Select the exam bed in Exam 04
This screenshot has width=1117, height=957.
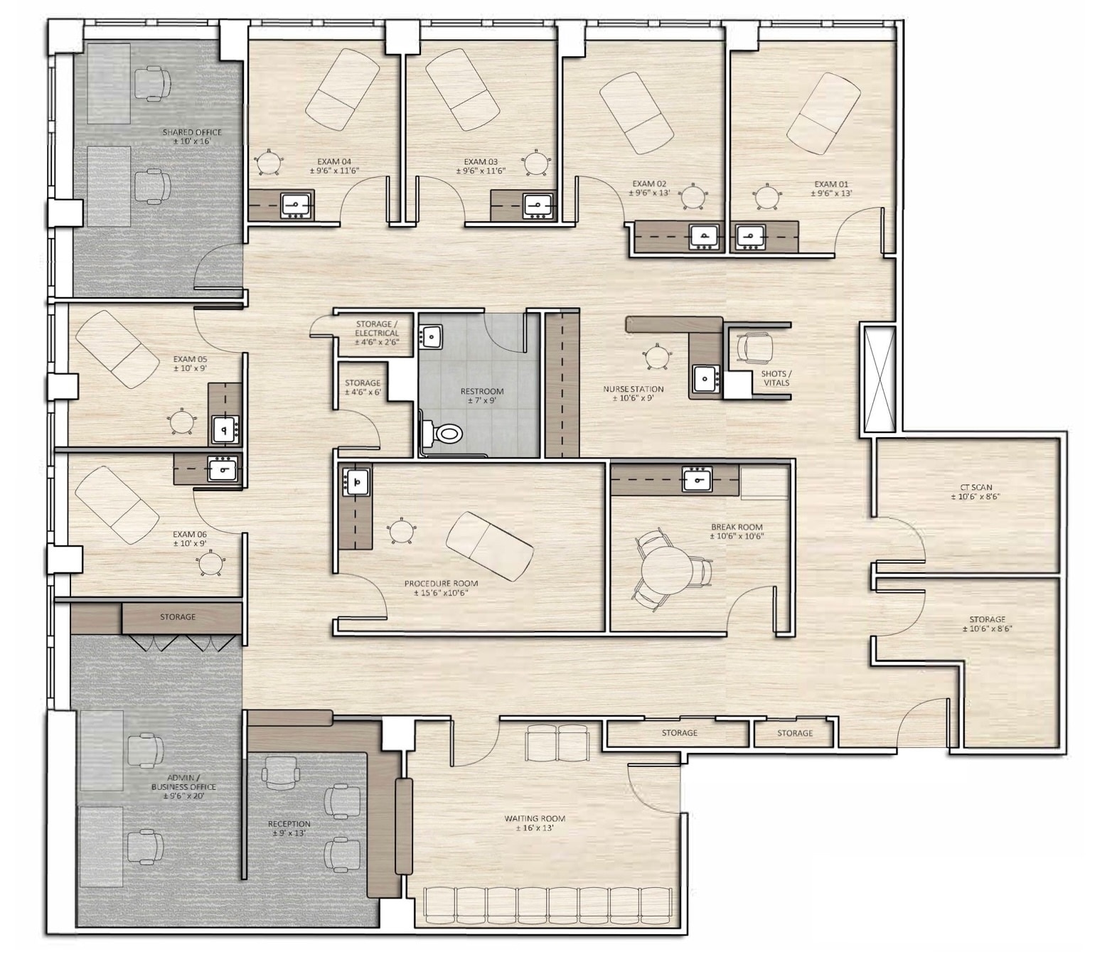[x=342, y=89]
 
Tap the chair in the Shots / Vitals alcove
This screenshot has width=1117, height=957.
[x=754, y=348]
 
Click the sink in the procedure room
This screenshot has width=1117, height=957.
[x=356, y=481]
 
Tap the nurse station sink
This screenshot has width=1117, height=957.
[x=705, y=378]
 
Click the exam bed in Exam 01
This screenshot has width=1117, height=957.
[x=823, y=114]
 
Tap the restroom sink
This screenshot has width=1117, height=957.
[x=430, y=336]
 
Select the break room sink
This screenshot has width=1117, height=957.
[x=697, y=479]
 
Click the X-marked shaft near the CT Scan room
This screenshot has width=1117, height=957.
[x=879, y=379]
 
